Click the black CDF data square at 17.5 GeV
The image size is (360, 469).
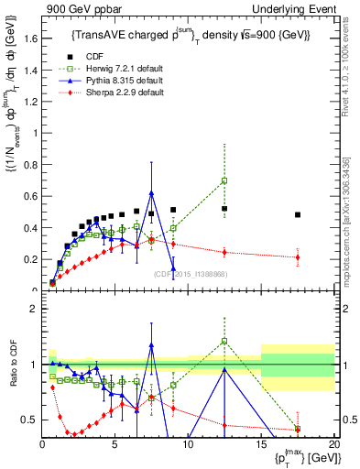pos(298,215)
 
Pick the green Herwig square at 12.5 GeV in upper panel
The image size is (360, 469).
pos(224,180)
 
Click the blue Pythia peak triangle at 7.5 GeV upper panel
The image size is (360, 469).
pos(151,193)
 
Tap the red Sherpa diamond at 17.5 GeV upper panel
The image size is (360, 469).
pos(298,257)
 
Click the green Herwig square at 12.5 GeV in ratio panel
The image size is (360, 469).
pos(224,341)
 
